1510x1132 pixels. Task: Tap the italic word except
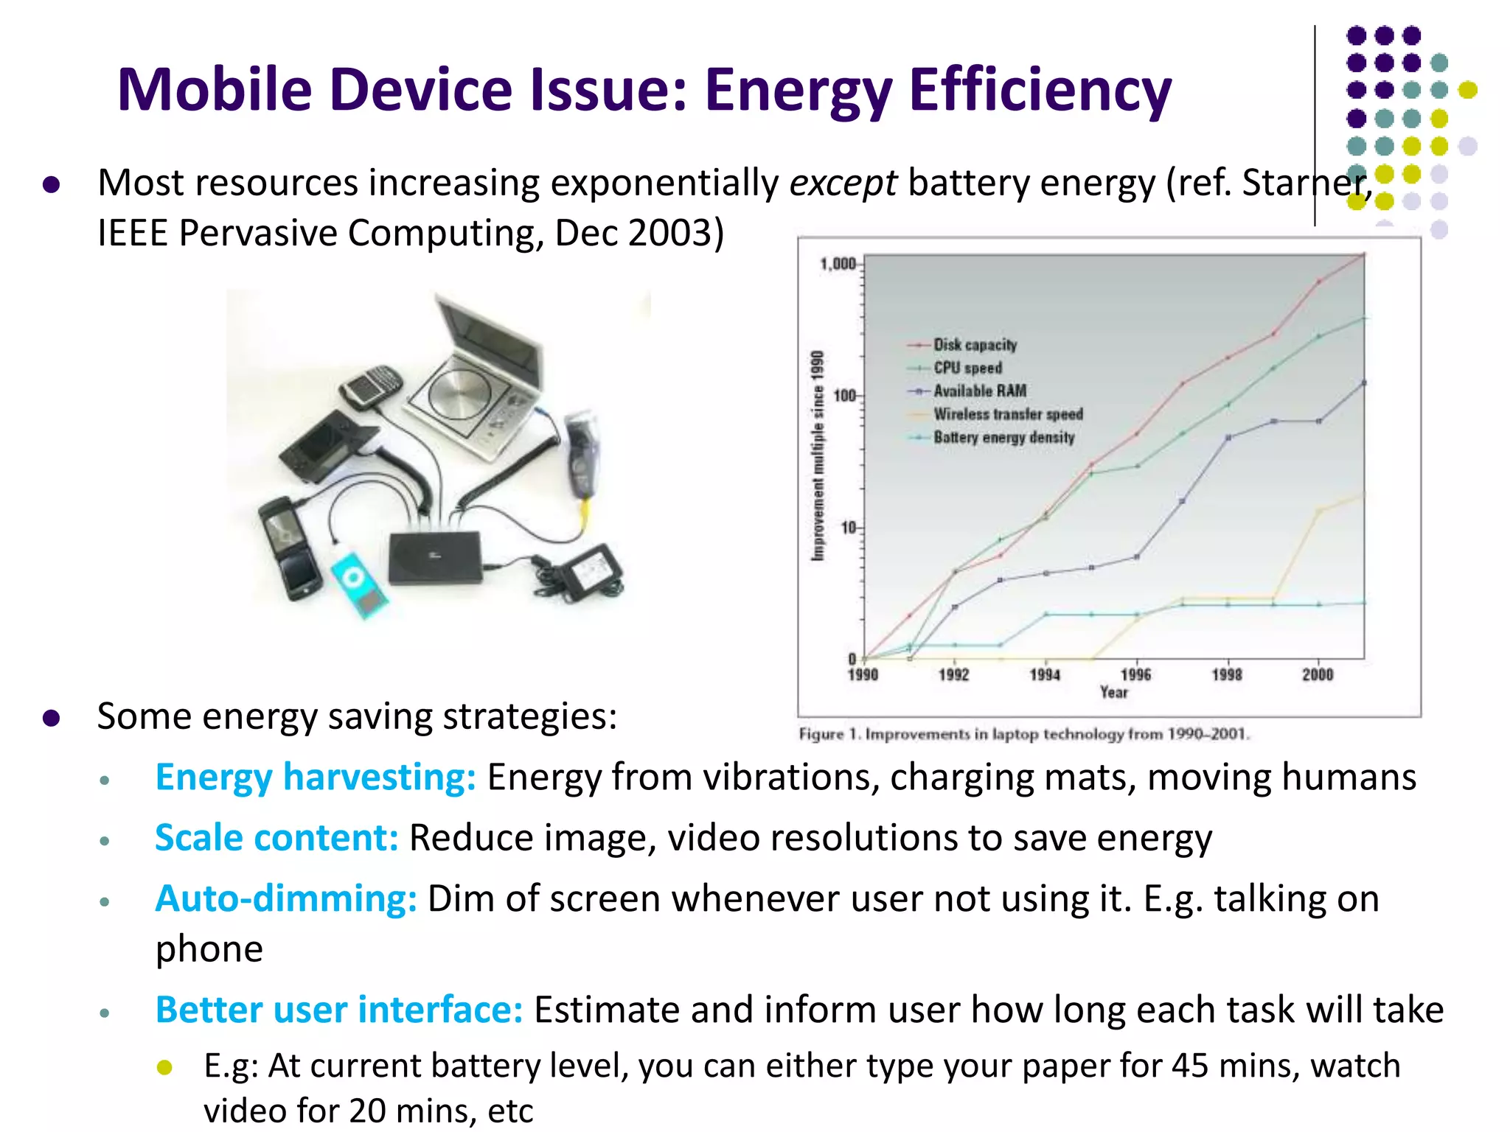pyautogui.click(x=843, y=183)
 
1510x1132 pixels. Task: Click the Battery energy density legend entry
pyautogui.click(x=1003, y=438)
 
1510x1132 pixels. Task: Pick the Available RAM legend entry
pyautogui.click(x=979, y=391)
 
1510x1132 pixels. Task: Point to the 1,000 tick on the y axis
pyautogui.click(x=838, y=265)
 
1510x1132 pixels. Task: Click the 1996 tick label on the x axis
pyautogui.click(x=1135, y=674)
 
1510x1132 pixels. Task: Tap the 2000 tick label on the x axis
pyautogui.click(x=1318, y=674)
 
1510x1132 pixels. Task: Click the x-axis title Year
pyautogui.click(x=1113, y=693)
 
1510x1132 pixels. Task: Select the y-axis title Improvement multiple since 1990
pyautogui.click(x=817, y=455)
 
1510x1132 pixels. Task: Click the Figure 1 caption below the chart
pyautogui.click(x=1023, y=734)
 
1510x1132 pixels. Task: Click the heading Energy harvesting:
pyautogui.click(x=316, y=777)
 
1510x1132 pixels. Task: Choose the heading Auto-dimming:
pyautogui.click(x=286, y=898)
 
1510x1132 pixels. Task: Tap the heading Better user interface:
pyautogui.click(x=339, y=1010)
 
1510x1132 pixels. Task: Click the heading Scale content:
pyautogui.click(x=276, y=838)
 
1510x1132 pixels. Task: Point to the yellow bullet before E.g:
pyautogui.click(x=165, y=1067)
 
